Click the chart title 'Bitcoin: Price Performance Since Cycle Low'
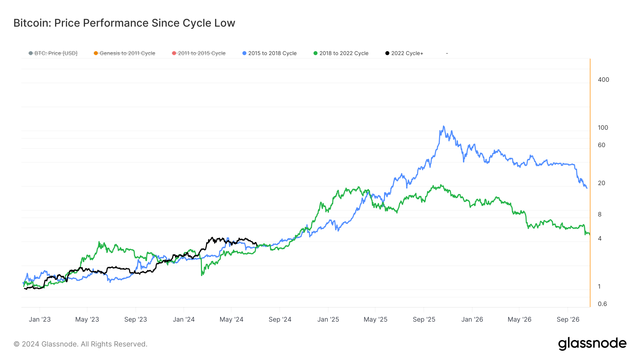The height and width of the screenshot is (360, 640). (x=124, y=23)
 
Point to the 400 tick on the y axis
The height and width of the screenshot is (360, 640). (x=603, y=80)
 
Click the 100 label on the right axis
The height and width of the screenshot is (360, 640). (x=603, y=128)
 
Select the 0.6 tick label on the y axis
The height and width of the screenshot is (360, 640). (x=602, y=304)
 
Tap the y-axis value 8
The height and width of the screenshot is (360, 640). (x=599, y=214)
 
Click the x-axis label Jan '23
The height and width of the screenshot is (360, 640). (x=39, y=319)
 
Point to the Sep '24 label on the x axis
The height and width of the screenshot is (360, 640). (x=280, y=319)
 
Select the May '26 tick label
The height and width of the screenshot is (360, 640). (x=519, y=319)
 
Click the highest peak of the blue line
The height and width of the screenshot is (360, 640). (x=443, y=126)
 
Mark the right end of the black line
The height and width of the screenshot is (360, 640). (x=257, y=246)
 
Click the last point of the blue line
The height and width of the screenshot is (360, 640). (x=587, y=188)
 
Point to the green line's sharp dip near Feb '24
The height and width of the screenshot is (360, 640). (x=202, y=274)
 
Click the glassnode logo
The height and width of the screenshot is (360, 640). (x=592, y=344)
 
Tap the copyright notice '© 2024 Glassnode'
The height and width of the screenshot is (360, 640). (x=80, y=344)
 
